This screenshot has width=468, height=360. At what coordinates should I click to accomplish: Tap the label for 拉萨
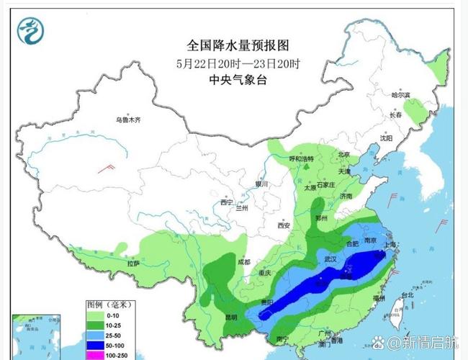coord(133,264)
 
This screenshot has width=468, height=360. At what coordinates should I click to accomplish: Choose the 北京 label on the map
coord(344,154)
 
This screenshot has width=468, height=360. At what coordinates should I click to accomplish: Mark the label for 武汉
coord(331,258)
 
